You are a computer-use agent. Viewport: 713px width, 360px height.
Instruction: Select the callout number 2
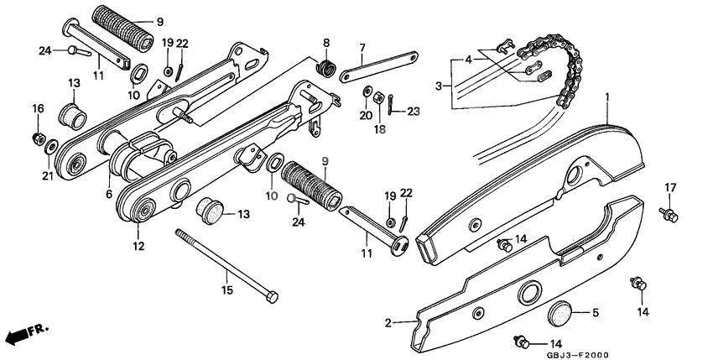click(388, 321)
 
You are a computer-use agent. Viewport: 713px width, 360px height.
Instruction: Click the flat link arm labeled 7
click(377, 68)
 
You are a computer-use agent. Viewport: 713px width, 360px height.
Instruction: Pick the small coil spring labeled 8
click(324, 65)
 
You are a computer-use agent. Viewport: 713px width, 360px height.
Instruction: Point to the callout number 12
click(138, 247)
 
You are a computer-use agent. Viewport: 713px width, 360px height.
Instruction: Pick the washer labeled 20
click(367, 91)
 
